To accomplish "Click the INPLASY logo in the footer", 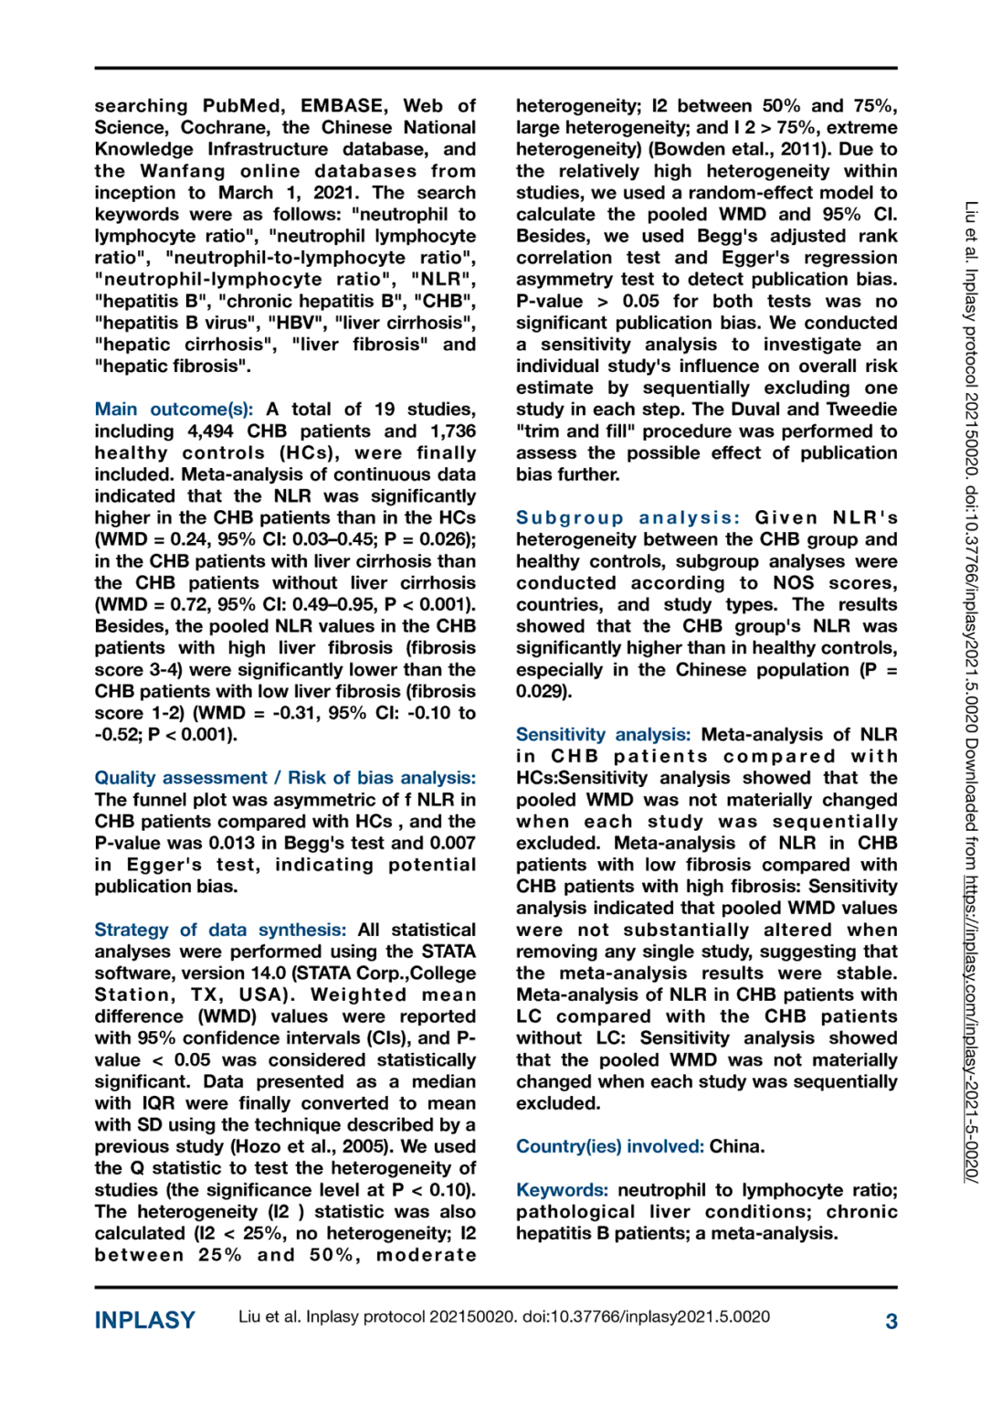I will [x=144, y=1320].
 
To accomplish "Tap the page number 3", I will [x=891, y=1321].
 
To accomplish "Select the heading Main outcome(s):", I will [x=174, y=409].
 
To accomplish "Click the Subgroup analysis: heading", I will [x=628, y=518].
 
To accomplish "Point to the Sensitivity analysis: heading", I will [x=603, y=735].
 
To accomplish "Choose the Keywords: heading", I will [x=562, y=1190].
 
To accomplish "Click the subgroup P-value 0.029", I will [x=542, y=692].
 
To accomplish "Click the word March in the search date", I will [x=245, y=193].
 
